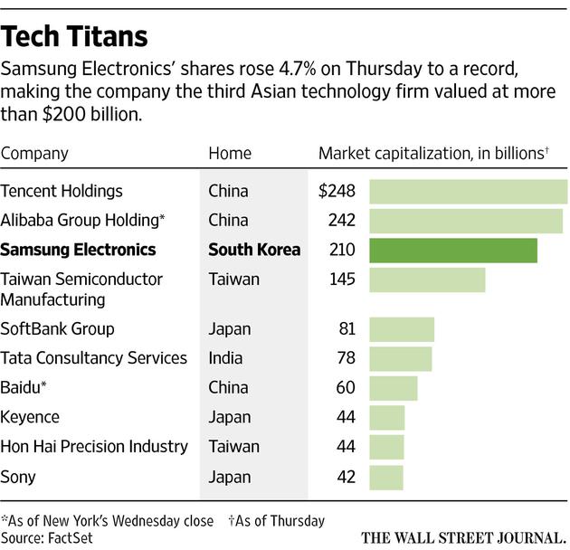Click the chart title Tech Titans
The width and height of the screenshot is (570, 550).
point(74,37)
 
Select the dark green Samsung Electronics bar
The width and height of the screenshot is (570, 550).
point(453,250)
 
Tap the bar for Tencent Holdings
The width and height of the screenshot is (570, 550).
point(468,192)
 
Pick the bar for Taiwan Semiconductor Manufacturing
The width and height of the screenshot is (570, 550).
point(427,280)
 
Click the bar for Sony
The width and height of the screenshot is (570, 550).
point(386,476)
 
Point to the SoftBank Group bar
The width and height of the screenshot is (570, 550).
point(402,329)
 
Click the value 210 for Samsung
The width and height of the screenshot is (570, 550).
point(344,250)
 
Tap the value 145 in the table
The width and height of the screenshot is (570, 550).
point(344,280)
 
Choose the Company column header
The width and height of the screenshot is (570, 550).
point(34,153)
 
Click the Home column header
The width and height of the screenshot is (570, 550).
point(230,153)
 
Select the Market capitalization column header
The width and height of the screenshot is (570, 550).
point(433,153)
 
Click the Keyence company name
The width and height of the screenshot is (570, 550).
point(31,417)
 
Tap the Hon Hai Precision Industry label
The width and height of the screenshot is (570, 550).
point(94,446)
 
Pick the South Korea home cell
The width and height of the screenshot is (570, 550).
point(254,250)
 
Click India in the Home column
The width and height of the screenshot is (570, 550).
point(225,358)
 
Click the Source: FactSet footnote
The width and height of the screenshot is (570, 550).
point(47,537)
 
